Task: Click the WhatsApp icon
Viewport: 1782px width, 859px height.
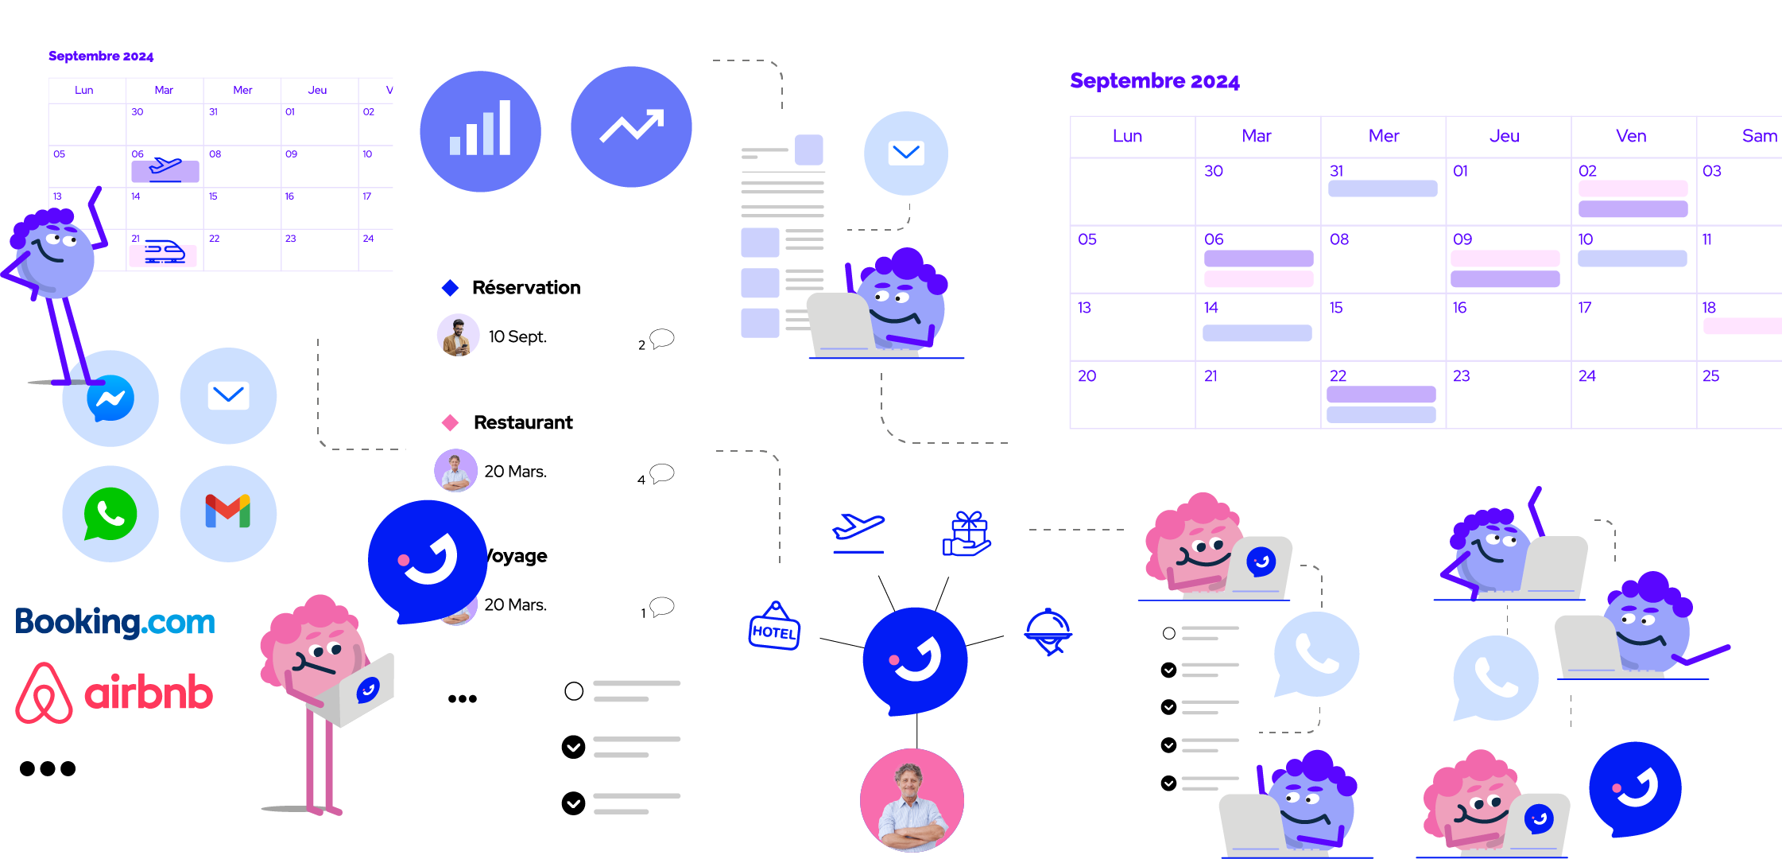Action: click(110, 514)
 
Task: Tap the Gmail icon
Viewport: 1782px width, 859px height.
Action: click(228, 511)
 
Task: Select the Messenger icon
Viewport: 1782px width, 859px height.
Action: click(110, 398)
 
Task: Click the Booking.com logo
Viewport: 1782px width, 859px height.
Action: click(115, 622)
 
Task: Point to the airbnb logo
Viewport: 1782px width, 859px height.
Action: click(114, 693)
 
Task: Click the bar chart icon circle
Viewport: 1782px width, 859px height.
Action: click(480, 131)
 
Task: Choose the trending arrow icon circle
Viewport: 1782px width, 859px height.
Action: click(631, 126)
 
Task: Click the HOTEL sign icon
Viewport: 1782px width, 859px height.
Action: click(774, 626)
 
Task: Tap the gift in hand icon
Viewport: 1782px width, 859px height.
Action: click(967, 534)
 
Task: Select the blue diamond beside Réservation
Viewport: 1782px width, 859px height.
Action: click(451, 288)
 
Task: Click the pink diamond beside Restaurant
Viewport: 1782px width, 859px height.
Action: click(451, 422)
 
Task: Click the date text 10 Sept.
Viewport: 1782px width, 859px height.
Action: click(517, 336)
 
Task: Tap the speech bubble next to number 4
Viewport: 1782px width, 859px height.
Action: click(662, 474)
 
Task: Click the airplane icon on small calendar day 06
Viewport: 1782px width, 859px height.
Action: click(165, 169)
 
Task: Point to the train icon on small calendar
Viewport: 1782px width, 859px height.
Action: click(165, 252)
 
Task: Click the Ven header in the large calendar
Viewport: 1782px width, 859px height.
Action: click(1631, 136)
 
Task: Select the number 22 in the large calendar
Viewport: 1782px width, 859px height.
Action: click(1338, 375)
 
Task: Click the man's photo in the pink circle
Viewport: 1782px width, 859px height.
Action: click(912, 800)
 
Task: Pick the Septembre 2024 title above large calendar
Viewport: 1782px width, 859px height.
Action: click(1155, 81)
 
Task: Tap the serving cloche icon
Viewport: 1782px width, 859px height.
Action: click(1049, 632)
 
